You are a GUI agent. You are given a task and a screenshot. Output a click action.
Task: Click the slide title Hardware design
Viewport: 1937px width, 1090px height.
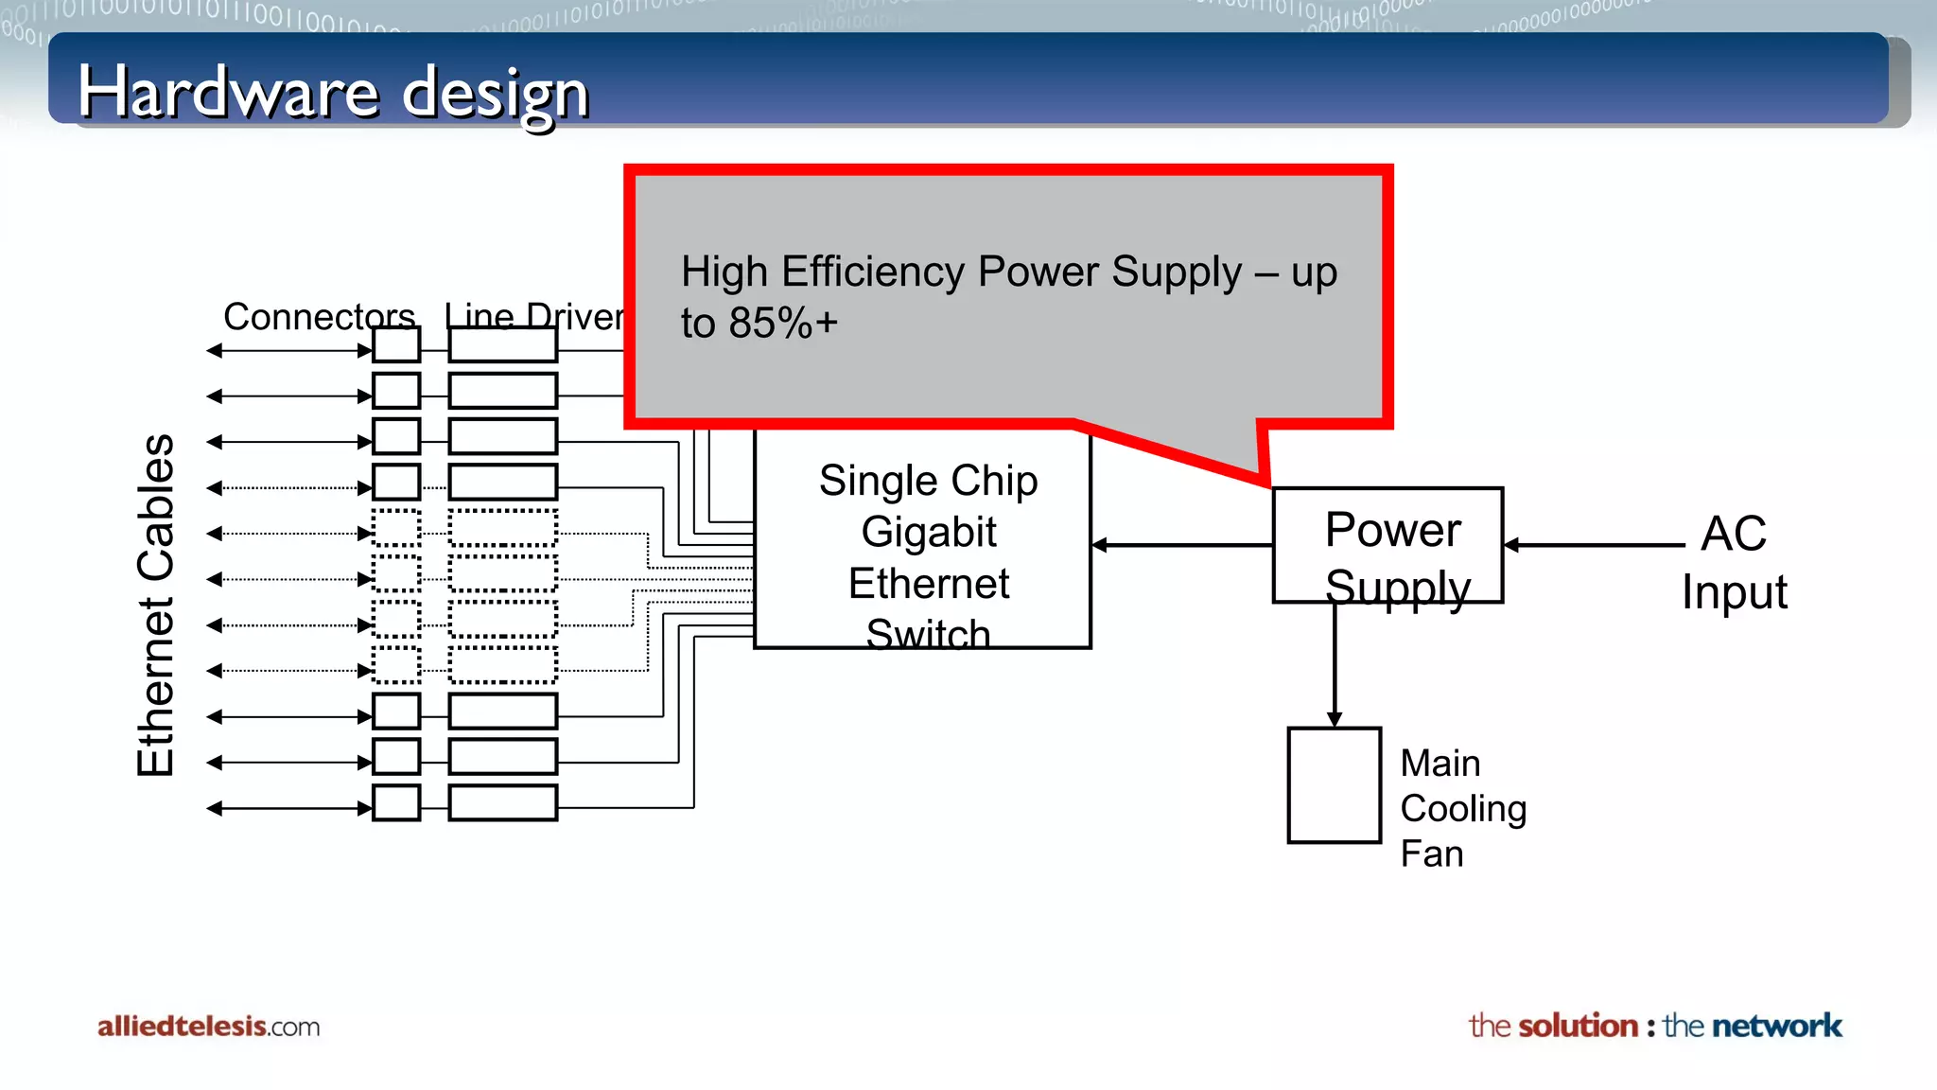(x=333, y=93)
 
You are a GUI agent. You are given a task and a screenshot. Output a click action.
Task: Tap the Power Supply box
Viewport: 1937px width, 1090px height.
(x=1387, y=545)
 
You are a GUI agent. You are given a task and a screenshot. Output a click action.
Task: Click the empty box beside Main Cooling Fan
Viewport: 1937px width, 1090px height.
(x=1334, y=785)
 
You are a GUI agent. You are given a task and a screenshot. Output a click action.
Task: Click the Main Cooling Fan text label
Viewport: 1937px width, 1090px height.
(x=1462, y=808)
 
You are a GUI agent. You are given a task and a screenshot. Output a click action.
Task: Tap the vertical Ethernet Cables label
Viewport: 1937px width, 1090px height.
(x=156, y=606)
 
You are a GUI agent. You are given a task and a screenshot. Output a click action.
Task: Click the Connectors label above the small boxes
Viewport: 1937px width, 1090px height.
(x=319, y=316)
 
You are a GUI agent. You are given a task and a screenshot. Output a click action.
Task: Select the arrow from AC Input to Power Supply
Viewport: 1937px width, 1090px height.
(x=1595, y=545)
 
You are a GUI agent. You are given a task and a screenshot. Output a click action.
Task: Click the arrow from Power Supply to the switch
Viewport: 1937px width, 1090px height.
(x=1182, y=545)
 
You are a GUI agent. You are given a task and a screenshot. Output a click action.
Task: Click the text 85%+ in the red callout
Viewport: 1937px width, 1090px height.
(x=783, y=324)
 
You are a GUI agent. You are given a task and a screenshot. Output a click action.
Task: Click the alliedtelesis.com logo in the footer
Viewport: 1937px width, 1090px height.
(x=208, y=1027)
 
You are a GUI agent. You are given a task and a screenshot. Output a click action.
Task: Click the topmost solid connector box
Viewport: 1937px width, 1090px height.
(x=396, y=344)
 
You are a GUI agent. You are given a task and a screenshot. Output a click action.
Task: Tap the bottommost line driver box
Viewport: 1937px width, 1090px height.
(x=502, y=802)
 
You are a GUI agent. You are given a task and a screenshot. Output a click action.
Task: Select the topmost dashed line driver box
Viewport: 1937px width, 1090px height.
(x=502, y=528)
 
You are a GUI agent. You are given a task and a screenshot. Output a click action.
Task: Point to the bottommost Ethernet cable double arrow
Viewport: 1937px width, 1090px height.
(x=289, y=808)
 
